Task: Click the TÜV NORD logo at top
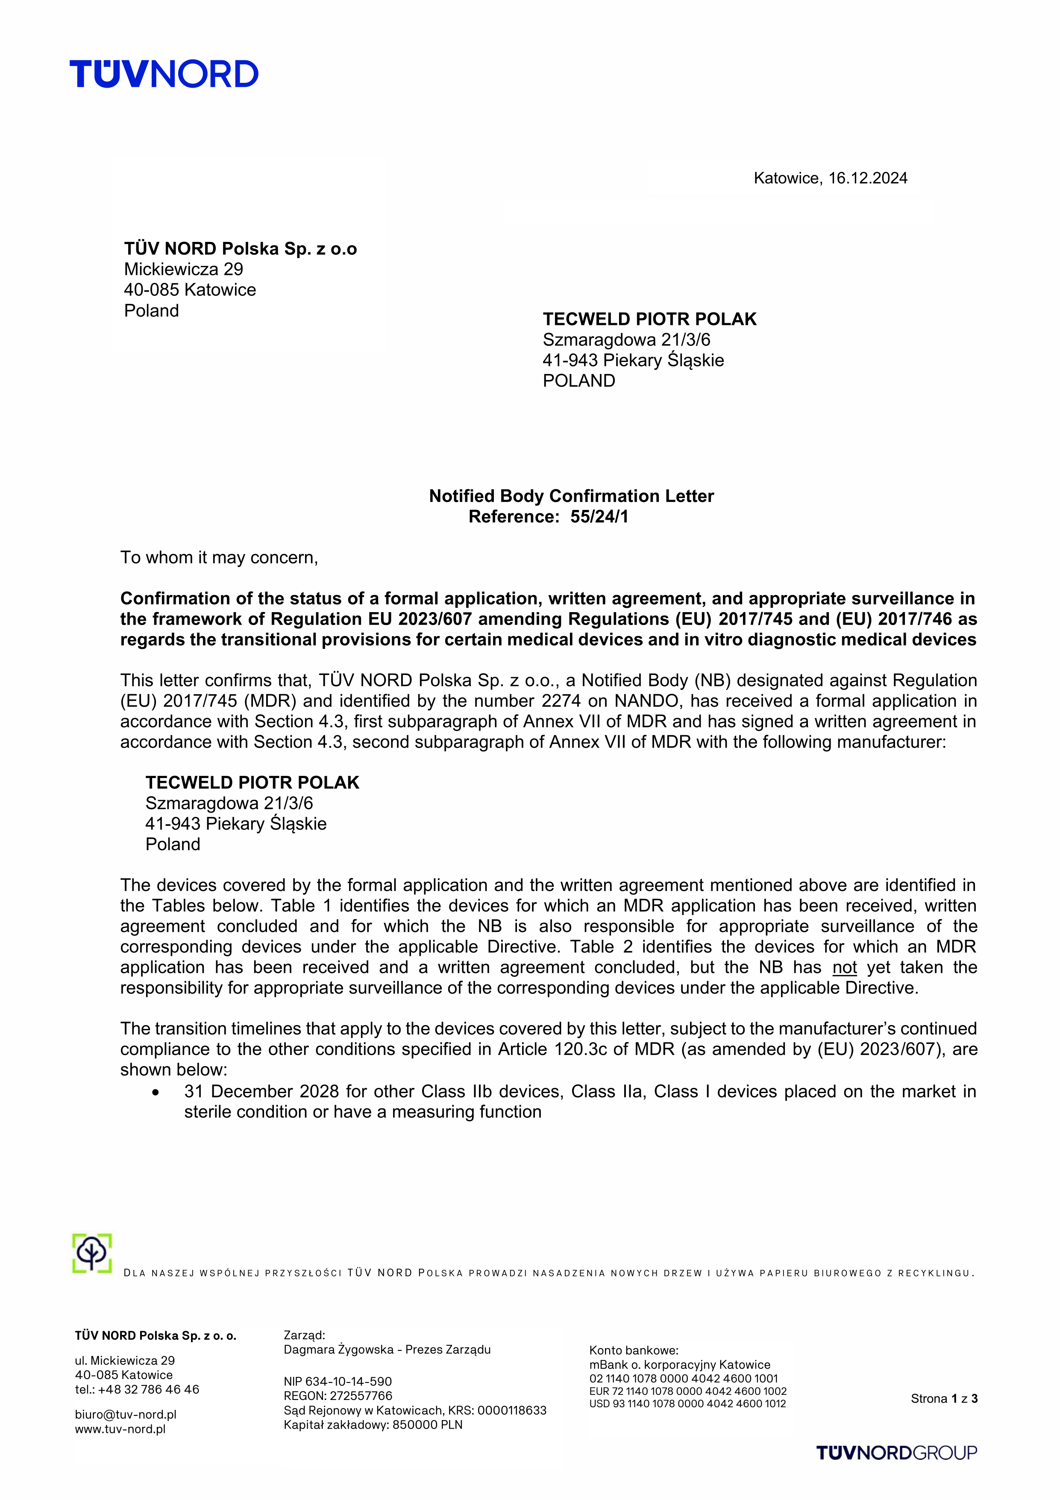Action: tap(164, 74)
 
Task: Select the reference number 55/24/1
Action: tap(599, 517)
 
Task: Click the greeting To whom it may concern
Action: tap(219, 557)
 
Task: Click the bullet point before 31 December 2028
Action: tap(156, 1092)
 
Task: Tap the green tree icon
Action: tap(92, 1252)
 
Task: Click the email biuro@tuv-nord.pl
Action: tap(126, 1415)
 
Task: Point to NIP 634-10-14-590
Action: tap(338, 1381)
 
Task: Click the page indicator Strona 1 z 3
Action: tap(944, 1398)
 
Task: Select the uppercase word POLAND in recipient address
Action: tap(578, 381)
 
